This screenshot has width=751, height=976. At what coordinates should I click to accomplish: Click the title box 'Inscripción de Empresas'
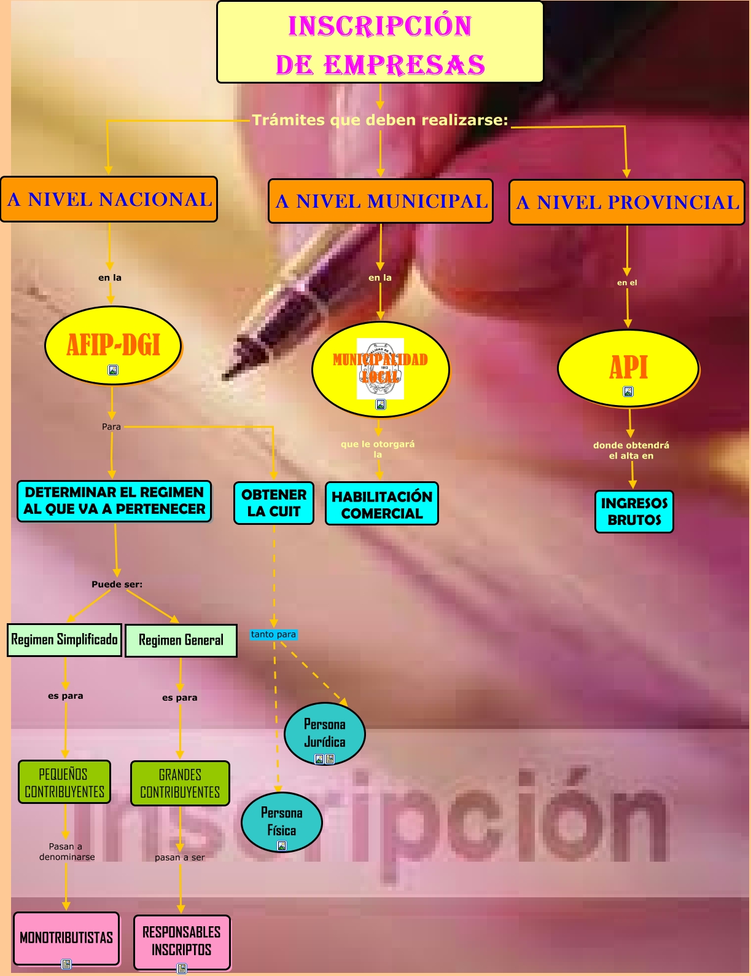pyautogui.click(x=380, y=42)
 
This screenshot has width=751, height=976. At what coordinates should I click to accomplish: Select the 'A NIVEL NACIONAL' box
pyautogui.click(x=109, y=199)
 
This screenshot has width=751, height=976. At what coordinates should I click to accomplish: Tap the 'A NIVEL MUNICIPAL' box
pyautogui.click(x=381, y=201)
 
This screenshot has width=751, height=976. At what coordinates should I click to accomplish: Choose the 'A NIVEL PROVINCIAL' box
pyautogui.click(x=626, y=202)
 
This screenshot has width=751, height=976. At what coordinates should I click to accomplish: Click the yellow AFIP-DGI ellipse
pyautogui.click(x=113, y=345)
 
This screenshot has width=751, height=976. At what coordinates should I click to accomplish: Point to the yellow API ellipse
pyautogui.click(x=628, y=368)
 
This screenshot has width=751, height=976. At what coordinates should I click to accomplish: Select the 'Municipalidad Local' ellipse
pyautogui.click(x=381, y=369)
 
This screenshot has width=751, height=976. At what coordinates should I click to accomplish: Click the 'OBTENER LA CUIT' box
pyautogui.click(x=274, y=503)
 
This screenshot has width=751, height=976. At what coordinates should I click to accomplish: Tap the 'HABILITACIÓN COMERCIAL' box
pyautogui.click(x=382, y=504)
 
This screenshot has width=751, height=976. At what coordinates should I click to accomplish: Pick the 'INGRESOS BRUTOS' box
pyautogui.click(x=634, y=511)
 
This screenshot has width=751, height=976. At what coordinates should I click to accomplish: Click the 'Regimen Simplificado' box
pyautogui.click(x=64, y=640)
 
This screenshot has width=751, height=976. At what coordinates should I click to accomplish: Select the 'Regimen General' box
pyautogui.click(x=181, y=640)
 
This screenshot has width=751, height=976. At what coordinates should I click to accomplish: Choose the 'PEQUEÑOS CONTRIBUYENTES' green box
pyautogui.click(x=64, y=782)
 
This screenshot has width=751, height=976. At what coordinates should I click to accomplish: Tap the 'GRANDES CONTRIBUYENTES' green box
pyautogui.click(x=180, y=784)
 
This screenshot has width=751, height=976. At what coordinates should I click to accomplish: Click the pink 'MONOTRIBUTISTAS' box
pyautogui.click(x=66, y=938)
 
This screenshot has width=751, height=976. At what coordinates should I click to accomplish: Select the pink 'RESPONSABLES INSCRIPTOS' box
pyautogui.click(x=182, y=941)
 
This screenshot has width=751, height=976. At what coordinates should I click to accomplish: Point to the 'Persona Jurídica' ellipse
pyautogui.click(x=325, y=733)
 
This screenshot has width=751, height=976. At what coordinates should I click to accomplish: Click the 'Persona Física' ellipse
pyautogui.click(x=282, y=822)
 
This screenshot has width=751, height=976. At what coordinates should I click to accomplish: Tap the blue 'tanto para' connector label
pyautogui.click(x=273, y=634)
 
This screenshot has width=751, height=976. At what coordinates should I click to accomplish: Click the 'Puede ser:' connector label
pyautogui.click(x=117, y=584)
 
